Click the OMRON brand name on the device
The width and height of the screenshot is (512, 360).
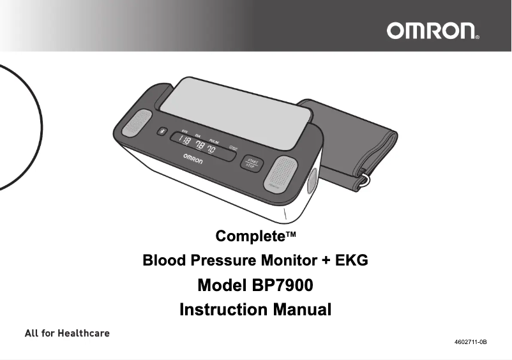point(193,158)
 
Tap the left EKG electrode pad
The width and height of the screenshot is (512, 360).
point(139,123)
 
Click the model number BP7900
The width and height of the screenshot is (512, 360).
point(283,285)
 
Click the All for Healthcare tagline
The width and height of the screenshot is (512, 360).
point(67,333)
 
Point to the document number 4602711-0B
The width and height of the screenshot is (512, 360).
point(471,343)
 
